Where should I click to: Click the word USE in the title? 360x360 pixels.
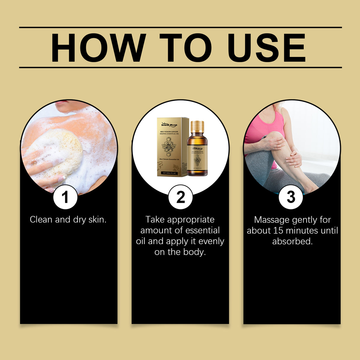point(266,48)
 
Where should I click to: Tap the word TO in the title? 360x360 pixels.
point(186,48)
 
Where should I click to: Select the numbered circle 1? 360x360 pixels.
point(65,197)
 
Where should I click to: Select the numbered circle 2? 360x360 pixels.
point(180,197)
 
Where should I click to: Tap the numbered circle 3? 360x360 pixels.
point(291,197)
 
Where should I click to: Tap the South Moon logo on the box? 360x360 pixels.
point(169,125)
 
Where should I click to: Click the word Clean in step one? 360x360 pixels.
point(41,220)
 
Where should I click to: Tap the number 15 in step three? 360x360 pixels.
point(278,231)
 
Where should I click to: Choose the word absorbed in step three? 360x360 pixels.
point(292,241)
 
